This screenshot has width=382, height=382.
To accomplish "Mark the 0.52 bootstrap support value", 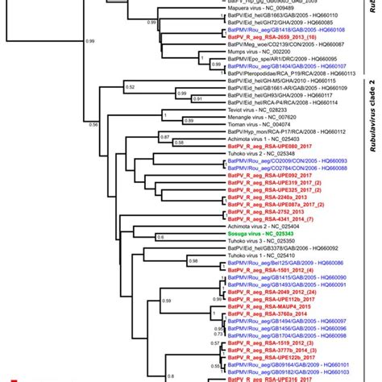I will (131, 86).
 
